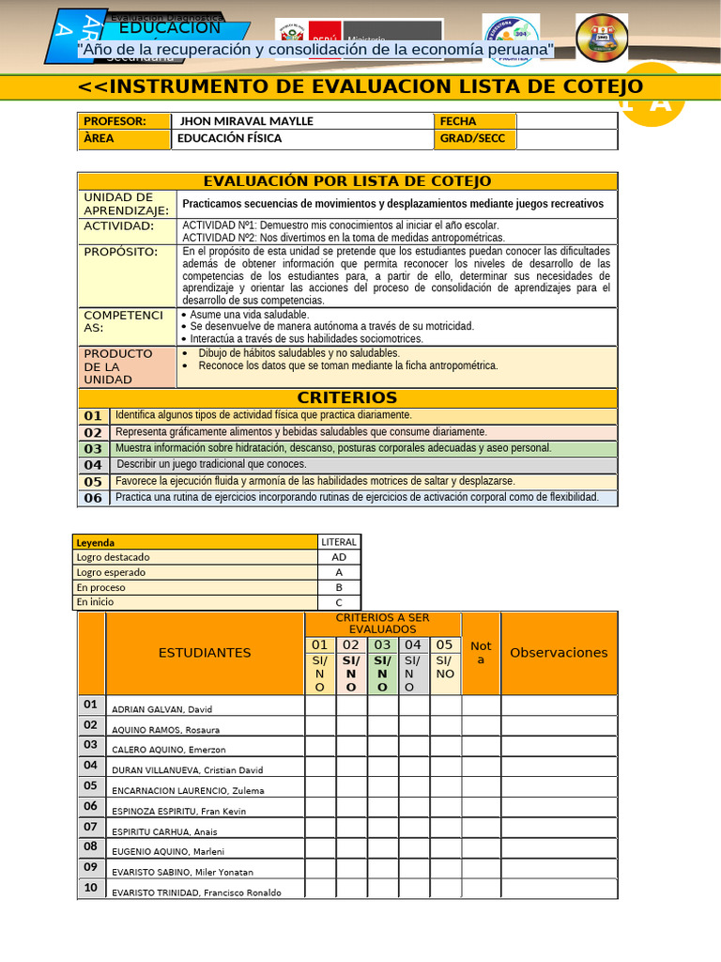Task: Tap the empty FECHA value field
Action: point(566,121)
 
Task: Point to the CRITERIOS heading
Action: point(346,397)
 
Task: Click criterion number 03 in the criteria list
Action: point(93,449)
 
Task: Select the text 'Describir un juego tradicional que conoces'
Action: point(211,464)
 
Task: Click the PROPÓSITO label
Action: point(121,253)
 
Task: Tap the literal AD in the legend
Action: point(339,557)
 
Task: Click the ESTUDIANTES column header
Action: point(205,653)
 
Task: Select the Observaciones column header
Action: point(559,653)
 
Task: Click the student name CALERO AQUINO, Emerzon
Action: point(168,750)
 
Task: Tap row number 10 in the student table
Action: point(90,888)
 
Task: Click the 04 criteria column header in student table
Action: point(413,645)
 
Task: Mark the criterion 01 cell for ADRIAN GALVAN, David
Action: point(320,706)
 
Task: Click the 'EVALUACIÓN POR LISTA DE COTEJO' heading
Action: point(346,181)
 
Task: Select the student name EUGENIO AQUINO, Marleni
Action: point(168,852)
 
